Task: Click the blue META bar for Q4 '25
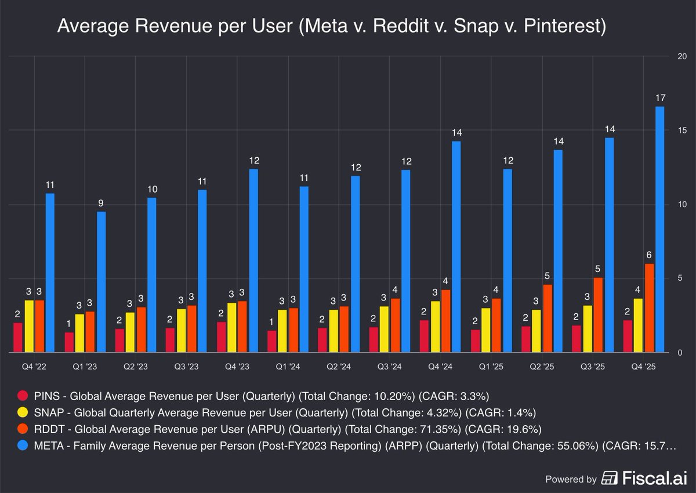tap(660, 229)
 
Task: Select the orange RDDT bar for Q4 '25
tap(649, 308)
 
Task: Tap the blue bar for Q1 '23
tap(101, 282)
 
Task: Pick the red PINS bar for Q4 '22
tap(18, 338)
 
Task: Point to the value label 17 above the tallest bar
tap(660, 97)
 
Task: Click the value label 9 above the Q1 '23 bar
tap(101, 203)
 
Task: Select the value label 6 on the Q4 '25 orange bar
tap(649, 255)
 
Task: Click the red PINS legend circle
tap(23, 396)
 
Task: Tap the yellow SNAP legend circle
tap(23, 414)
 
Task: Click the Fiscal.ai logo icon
tap(609, 478)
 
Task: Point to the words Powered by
tap(571, 479)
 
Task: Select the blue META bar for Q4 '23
tap(253, 260)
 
